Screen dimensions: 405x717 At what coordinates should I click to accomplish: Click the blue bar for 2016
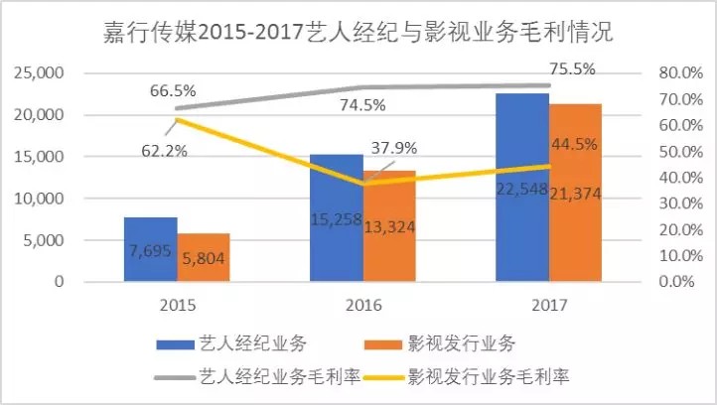pyautogui.click(x=336, y=217)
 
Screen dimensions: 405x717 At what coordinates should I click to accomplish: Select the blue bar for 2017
pyautogui.click(x=521, y=188)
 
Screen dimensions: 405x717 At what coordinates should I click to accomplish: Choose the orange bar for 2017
pyautogui.click(x=575, y=193)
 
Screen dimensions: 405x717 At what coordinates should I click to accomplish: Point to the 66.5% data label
pyautogui.click(x=174, y=89)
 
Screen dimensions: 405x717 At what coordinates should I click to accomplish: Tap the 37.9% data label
pyautogui.click(x=394, y=148)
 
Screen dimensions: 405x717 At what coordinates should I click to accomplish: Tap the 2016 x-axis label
pyautogui.click(x=362, y=305)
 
